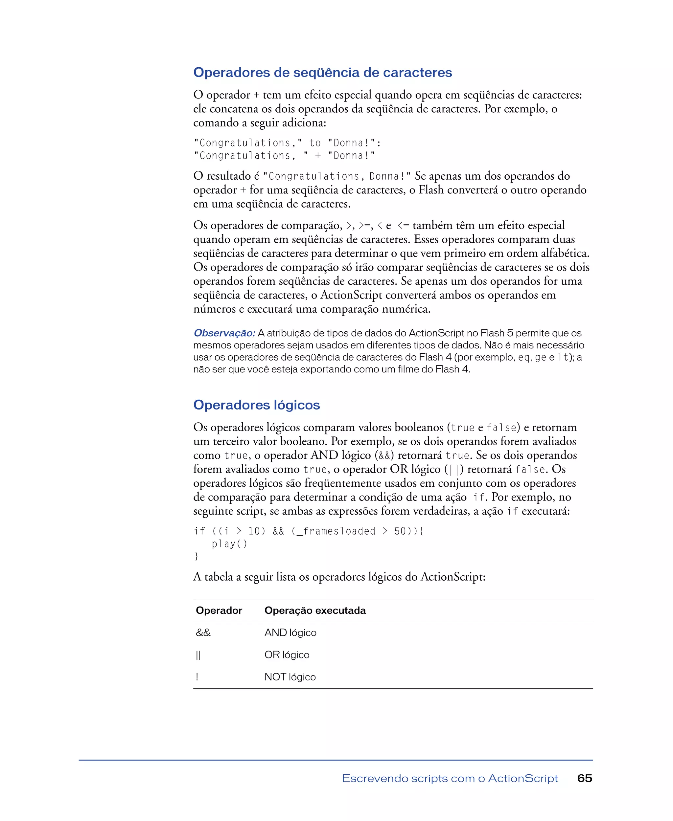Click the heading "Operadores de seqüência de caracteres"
(323, 73)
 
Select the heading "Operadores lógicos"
(257, 405)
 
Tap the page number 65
(585, 778)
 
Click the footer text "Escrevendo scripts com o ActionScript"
(450, 778)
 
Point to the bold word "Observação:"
(224, 333)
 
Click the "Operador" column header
(219, 610)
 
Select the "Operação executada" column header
(315, 610)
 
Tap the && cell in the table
(203, 633)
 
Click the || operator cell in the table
(198, 655)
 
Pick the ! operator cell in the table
(197, 677)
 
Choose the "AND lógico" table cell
(290, 633)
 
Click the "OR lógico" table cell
(287, 655)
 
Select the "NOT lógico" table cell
(290, 677)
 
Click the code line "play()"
(229, 544)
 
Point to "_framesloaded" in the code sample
(336, 531)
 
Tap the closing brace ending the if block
(196, 556)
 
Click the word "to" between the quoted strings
(315, 143)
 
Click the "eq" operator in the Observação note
(524, 357)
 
